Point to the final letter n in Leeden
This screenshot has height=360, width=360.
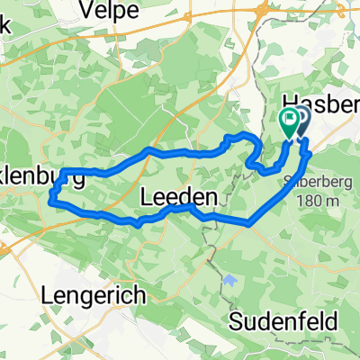click(x=211, y=196)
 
